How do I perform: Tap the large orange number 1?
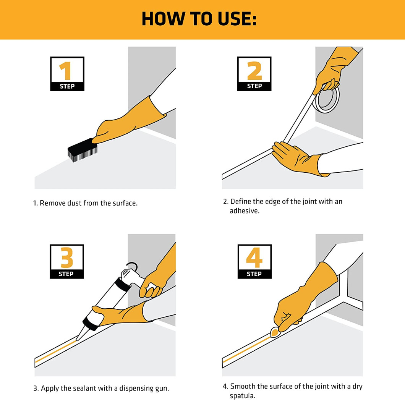66,71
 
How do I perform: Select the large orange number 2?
254,71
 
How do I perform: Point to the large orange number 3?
66,257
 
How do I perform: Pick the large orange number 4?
254,257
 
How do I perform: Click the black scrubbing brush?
83,150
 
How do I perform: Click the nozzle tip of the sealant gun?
77,340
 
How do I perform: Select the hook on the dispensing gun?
132,266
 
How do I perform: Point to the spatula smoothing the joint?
275,332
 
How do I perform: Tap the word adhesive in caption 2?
245,211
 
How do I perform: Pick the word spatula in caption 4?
243,396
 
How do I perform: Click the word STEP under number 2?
254,86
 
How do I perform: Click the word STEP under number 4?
254,274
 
